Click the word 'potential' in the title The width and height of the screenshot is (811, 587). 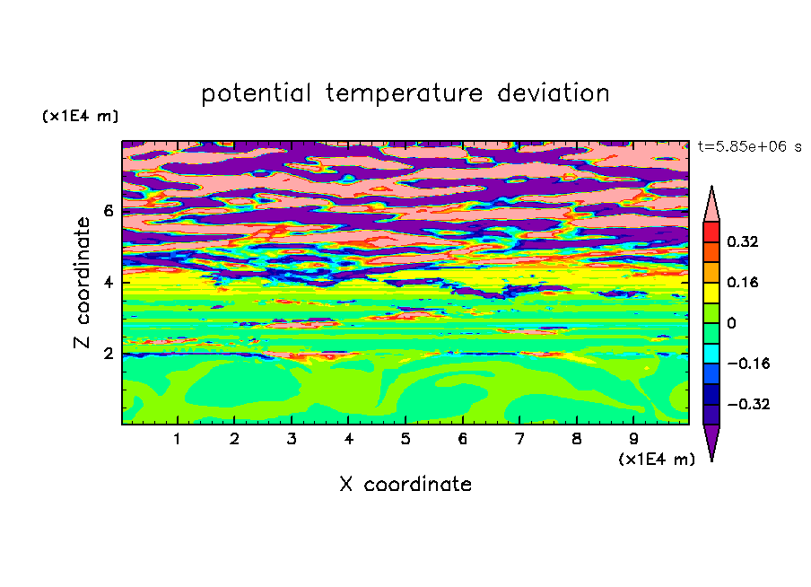tap(256, 93)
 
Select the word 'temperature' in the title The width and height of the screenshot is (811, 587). tap(405, 93)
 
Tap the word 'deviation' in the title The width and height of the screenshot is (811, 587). tap(554, 92)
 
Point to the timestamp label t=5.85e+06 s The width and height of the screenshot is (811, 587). tap(749, 146)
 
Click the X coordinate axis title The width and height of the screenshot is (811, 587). tap(405, 484)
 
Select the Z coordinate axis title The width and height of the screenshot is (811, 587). tap(83, 283)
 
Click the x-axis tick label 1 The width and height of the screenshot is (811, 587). tap(177, 439)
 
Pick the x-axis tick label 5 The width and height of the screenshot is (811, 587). tap(405, 439)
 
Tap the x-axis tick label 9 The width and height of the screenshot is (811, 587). tap(633, 439)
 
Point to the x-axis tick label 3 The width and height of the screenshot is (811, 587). tap(292, 439)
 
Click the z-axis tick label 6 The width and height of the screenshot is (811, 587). tap(109, 211)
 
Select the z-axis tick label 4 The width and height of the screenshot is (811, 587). tap(109, 283)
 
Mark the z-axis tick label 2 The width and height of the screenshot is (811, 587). tap(109, 354)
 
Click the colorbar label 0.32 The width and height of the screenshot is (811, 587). tap(743, 241)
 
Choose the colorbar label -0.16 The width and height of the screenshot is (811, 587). tap(748, 364)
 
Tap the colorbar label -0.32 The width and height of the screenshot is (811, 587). tap(748, 404)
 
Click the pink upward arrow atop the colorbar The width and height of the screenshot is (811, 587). tap(711, 204)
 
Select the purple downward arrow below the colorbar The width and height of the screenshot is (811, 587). tap(711, 442)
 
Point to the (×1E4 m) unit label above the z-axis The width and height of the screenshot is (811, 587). tap(80, 116)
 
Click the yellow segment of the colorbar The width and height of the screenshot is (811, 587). tap(711, 293)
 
